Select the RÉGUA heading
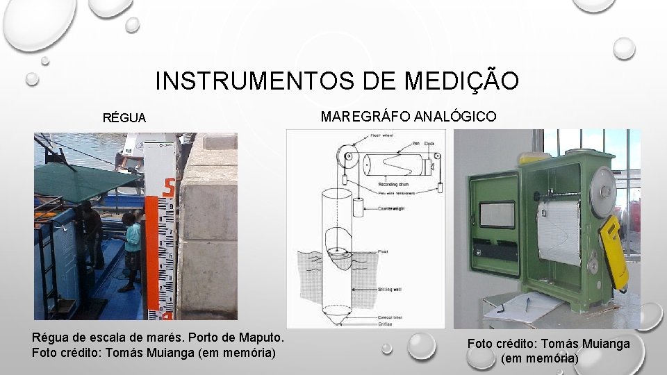click(124, 118)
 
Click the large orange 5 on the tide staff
click(167, 187)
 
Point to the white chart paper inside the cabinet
click(559, 233)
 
